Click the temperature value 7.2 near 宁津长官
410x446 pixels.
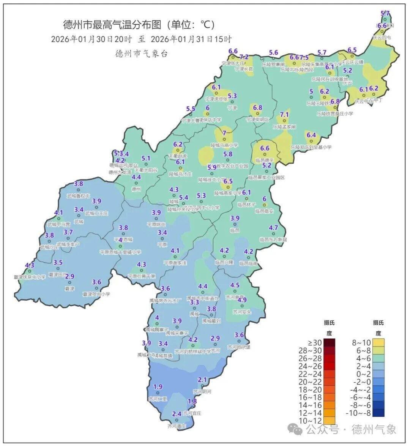point(244,57)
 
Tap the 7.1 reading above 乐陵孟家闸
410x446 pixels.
point(284,115)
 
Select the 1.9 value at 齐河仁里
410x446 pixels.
point(158,387)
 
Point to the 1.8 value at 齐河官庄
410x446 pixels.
point(192,401)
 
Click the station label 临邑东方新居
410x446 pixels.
point(273,240)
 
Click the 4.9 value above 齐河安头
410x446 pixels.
point(242,300)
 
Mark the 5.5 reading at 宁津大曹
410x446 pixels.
point(191,109)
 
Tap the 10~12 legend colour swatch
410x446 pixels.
point(329,420)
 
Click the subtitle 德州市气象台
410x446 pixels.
point(141,54)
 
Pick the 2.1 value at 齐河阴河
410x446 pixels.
point(202,380)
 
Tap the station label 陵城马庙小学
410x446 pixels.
point(224,145)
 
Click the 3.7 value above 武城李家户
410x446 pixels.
point(68,232)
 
